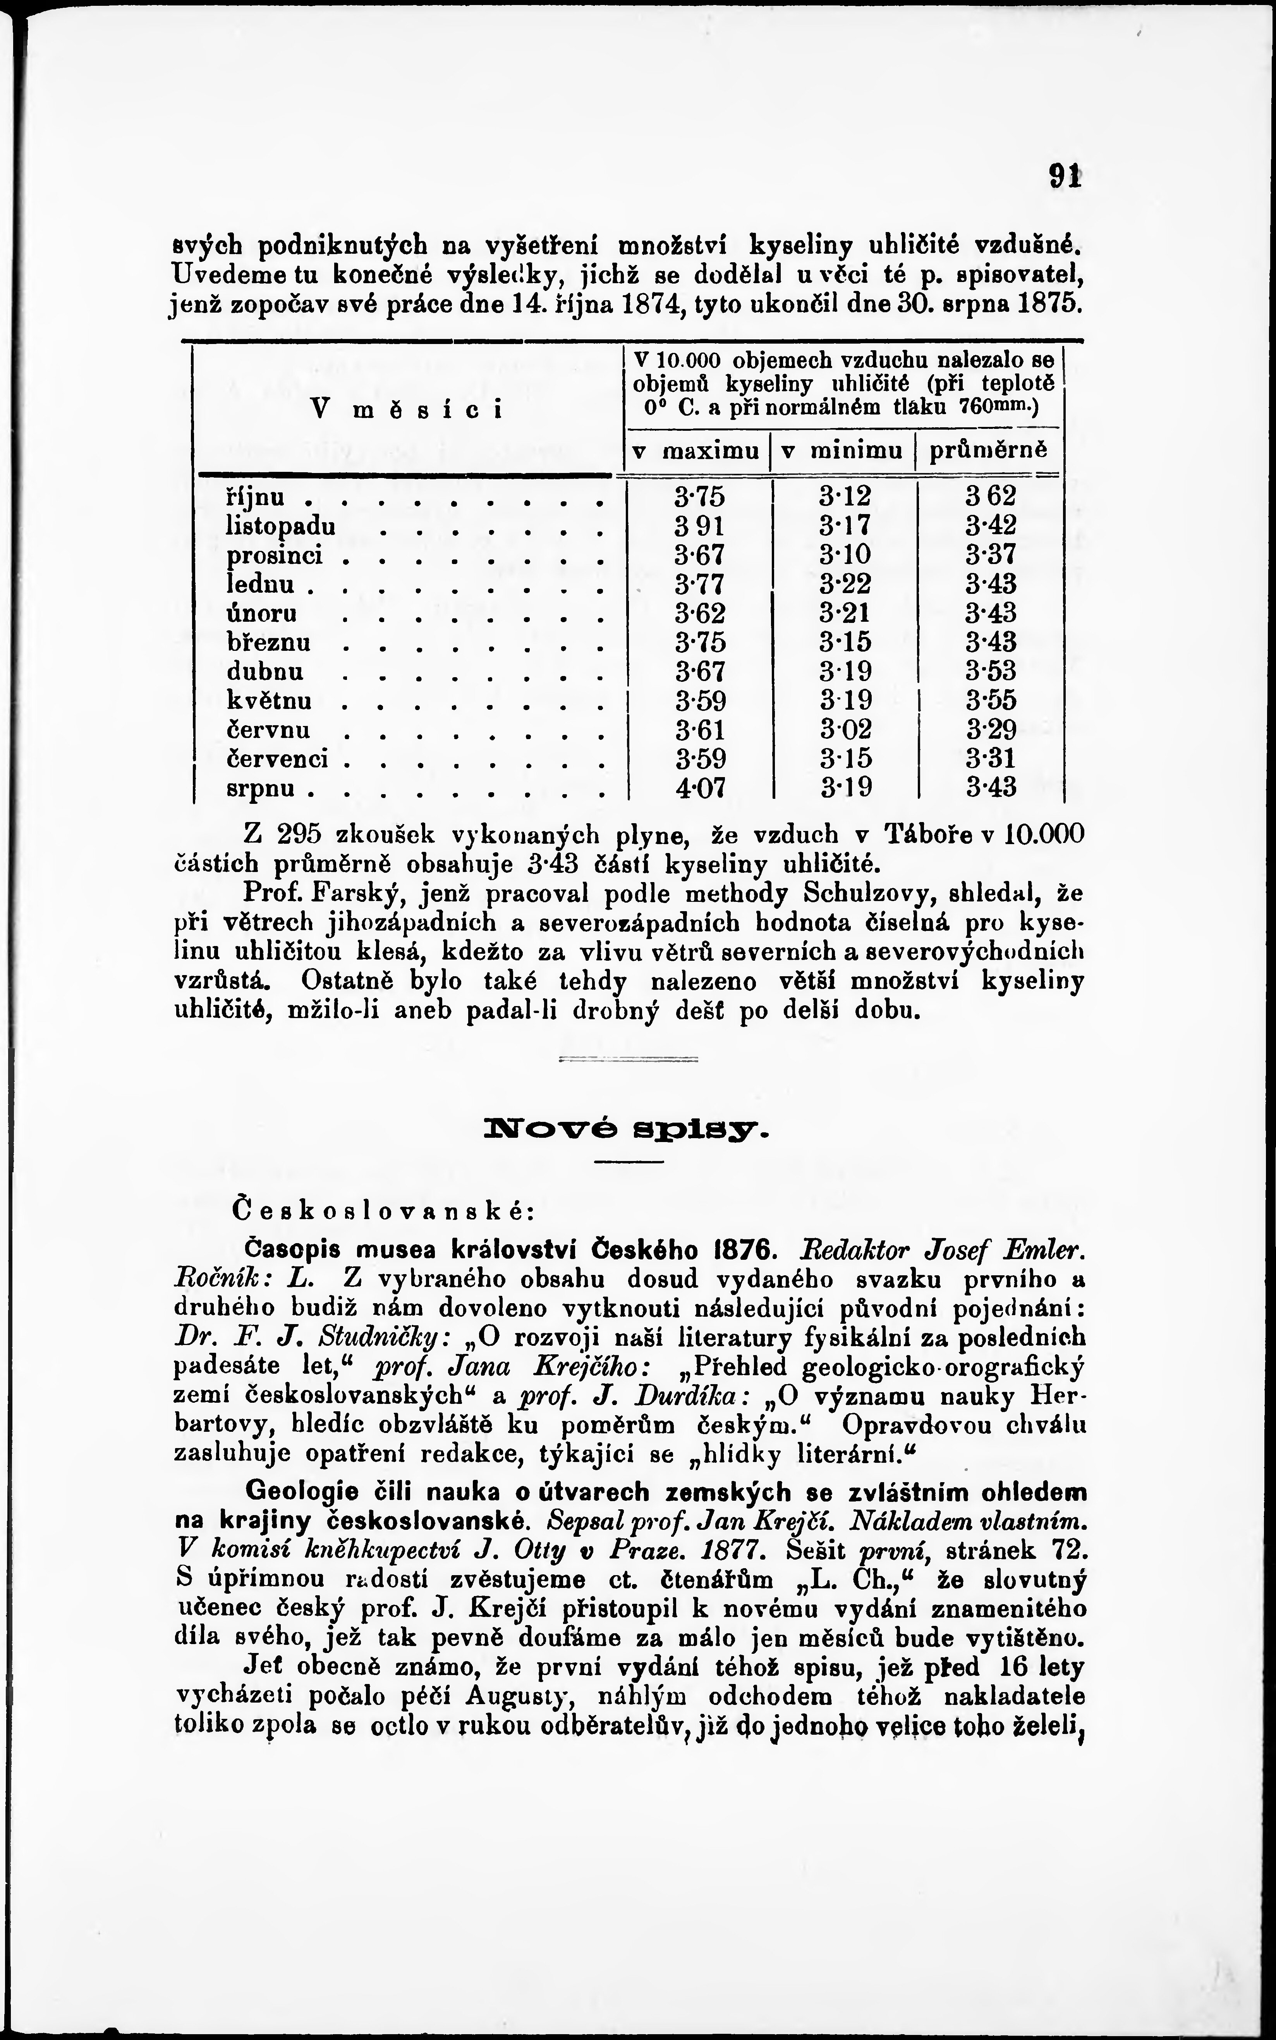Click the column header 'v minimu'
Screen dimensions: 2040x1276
[842, 452]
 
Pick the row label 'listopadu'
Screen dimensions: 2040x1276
[281, 526]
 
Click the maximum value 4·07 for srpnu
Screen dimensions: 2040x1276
[700, 788]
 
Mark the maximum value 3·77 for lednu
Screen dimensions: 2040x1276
[700, 584]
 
